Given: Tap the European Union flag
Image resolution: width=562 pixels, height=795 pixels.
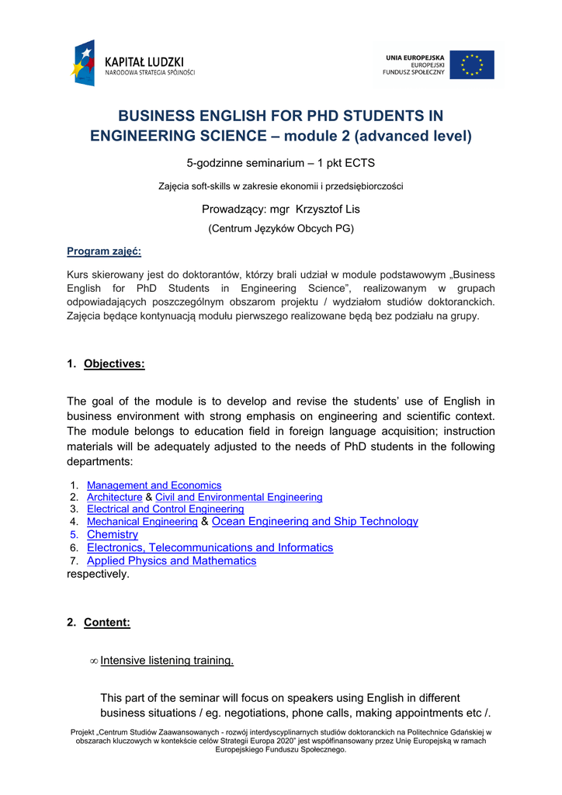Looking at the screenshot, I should tap(472, 64).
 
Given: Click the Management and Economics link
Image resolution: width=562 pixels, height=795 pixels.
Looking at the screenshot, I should tap(154, 485).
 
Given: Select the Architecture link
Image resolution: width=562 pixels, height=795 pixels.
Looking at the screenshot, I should tap(114, 497).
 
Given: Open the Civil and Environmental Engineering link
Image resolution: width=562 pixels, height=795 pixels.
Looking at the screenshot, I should tap(238, 497).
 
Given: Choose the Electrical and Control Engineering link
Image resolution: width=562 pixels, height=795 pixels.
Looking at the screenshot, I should tap(165, 509).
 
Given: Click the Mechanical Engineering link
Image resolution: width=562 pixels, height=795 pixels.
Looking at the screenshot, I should tap(142, 522).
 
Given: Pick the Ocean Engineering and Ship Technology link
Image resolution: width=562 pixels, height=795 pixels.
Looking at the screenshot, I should tap(314, 522).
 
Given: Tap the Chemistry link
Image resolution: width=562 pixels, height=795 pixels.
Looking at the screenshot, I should tap(113, 535).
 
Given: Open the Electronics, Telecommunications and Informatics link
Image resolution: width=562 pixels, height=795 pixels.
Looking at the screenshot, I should tap(210, 547).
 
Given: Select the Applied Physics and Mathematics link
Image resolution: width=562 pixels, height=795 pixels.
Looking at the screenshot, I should tap(172, 561).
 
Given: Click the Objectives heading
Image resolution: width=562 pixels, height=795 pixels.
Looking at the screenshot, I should tap(114, 364).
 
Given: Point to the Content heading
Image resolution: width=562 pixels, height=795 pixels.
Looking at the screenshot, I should tap(107, 623).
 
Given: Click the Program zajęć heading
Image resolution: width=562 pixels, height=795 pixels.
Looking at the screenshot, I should tap(104, 251).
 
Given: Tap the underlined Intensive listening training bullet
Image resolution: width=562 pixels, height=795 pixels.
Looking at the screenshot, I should tap(167, 661).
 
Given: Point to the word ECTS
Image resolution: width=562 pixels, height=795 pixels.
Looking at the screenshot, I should tap(359, 163).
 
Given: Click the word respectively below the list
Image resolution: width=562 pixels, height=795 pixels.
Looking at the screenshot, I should tap(99, 575).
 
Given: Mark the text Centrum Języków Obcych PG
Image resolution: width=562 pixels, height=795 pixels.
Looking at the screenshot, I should tap(281, 229).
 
